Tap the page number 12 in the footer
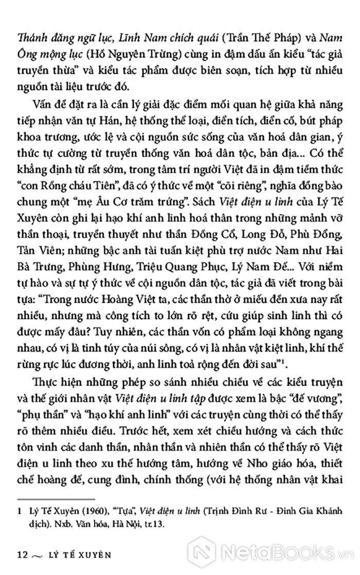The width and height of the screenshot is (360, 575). pos(22,554)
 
